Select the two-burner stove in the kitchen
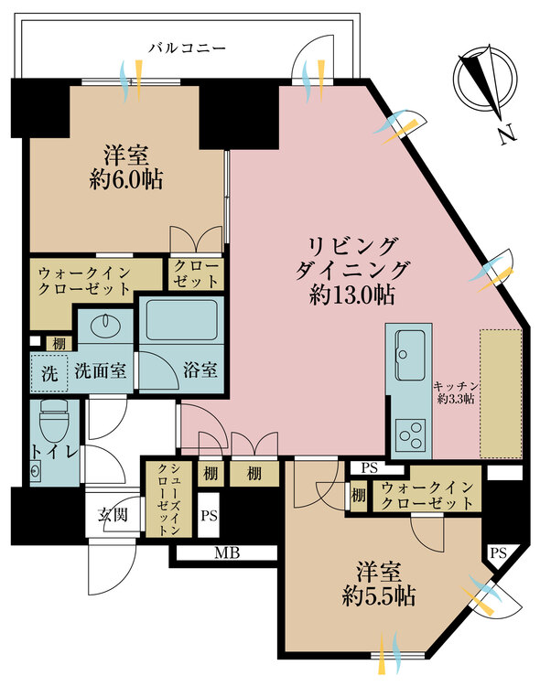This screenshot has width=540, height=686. tap(407, 431)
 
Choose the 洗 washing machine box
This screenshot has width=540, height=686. tap(48, 372)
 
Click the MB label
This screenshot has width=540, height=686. tap(223, 553)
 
